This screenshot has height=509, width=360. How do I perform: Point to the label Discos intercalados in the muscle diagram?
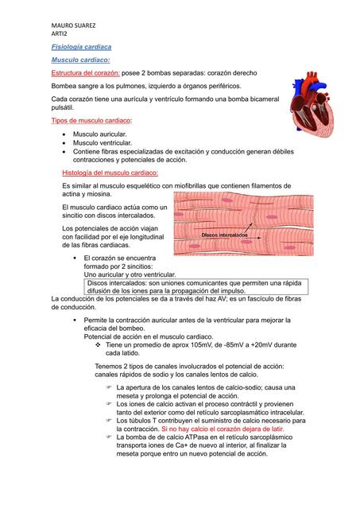[224, 236]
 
